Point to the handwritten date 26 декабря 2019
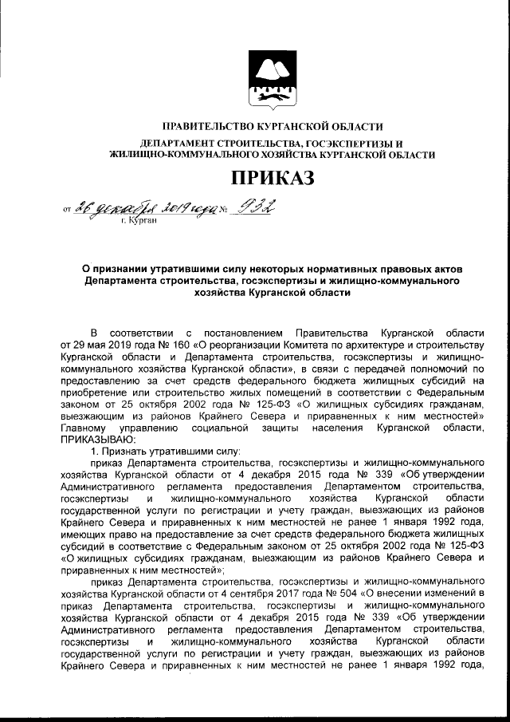pyautogui.click(x=144, y=209)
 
